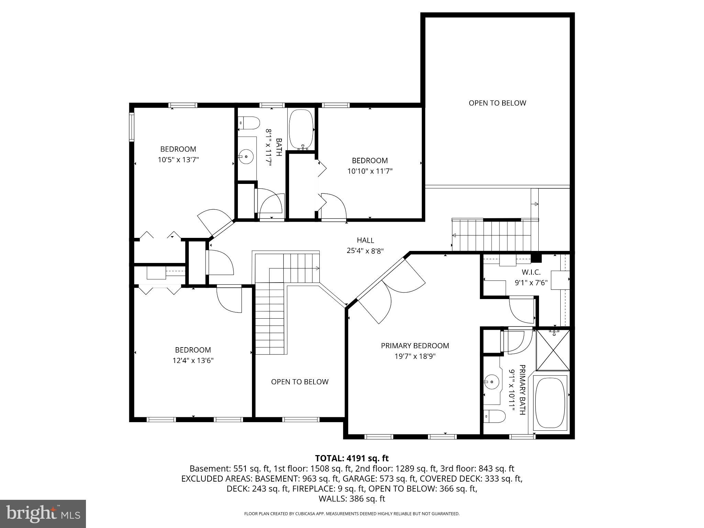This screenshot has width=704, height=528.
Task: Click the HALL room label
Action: pos(365,240)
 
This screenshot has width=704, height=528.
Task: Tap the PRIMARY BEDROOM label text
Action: pos(415,345)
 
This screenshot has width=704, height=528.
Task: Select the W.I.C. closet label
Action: pos(531,272)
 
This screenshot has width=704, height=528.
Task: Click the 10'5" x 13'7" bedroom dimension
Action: pos(178,159)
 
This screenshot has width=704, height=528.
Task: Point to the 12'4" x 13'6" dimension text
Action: pos(193,360)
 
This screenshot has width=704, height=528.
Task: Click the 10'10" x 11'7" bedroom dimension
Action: pos(370,171)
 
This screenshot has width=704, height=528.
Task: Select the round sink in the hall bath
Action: pos(246,156)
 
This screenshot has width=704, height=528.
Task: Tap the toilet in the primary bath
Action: pos(494,416)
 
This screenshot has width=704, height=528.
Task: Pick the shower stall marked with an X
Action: pos(553,350)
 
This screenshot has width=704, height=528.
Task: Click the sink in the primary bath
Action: pos(492,382)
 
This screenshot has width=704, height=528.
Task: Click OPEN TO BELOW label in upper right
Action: pos(497,103)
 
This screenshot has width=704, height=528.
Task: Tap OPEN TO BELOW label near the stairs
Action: pos(299,382)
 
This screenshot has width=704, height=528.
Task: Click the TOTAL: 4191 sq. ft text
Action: pos(352,458)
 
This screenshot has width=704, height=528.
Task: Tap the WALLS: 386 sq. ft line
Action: pos(352,499)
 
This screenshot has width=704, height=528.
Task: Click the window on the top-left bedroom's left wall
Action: pos(131,127)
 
